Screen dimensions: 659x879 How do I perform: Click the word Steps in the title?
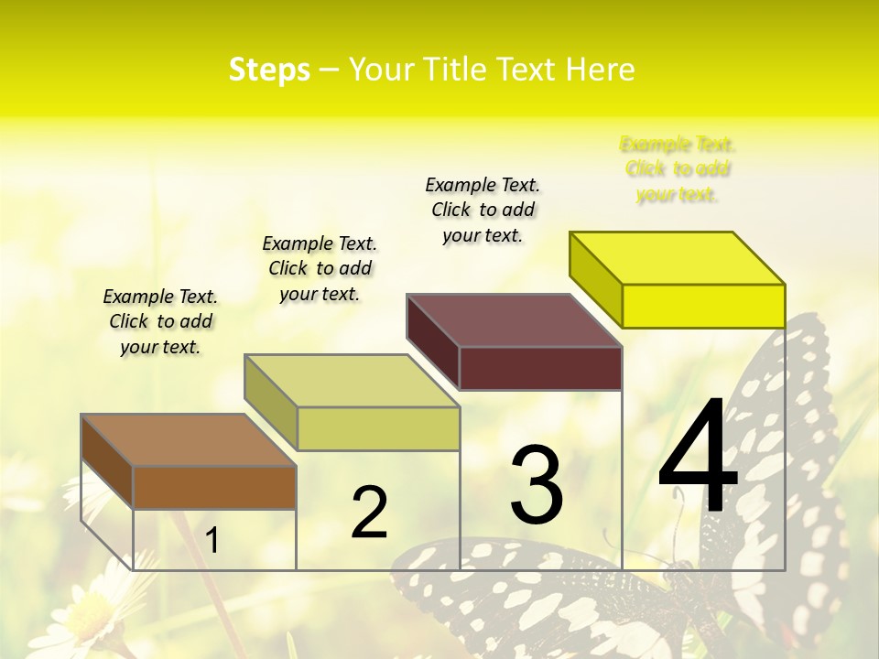(x=269, y=70)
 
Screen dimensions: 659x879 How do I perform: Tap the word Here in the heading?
(x=600, y=70)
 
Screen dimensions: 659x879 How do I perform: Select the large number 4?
(x=698, y=458)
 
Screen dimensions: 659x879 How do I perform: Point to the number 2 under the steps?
(x=369, y=513)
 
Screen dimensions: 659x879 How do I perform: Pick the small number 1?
(x=212, y=541)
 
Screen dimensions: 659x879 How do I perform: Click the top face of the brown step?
(x=188, y=440)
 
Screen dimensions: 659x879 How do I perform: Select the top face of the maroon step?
(x=514, y=320)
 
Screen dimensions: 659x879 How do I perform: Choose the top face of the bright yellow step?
(x=677, y=258)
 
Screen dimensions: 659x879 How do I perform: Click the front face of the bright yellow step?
(x=703, y=306)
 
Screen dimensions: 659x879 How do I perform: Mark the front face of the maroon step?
(x=540, y=368)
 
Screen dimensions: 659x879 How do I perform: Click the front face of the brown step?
(x=214, y=487)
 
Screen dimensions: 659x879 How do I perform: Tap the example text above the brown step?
(x=160, y=321)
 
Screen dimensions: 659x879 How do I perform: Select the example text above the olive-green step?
(x=320, y=268)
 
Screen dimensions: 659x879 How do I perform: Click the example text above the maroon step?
(x=483, y=210)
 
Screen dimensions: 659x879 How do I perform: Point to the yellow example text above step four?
(x=678, y=169)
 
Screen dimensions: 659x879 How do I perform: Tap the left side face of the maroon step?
(x=433, y=341)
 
